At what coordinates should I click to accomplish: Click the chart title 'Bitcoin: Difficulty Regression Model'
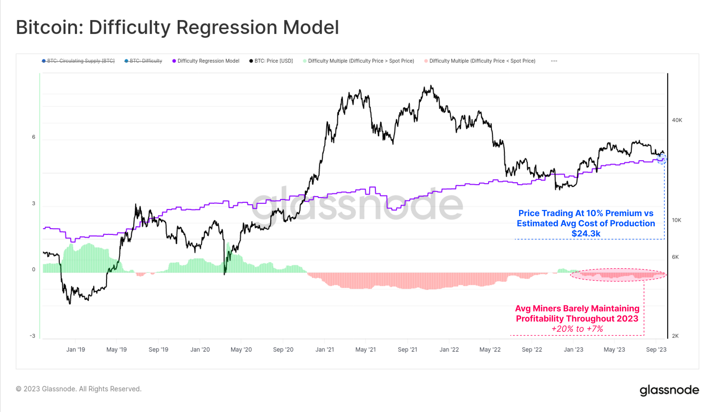coord(177,28)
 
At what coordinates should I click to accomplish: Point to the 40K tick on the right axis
coord(677,120)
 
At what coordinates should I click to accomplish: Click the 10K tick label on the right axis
coord(677,220)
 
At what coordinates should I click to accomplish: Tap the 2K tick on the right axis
coord(675,336)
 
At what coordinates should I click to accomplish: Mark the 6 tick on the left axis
coord(34,137)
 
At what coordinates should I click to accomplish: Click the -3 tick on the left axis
coord(32,336)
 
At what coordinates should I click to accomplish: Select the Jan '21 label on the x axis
coord(325,349)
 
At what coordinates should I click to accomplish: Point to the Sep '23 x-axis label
coord(656,349)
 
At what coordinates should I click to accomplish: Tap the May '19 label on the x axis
coord(116,349)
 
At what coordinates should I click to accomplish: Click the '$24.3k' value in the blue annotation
coord(586,234)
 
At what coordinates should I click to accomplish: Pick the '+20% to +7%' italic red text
coord(577,329)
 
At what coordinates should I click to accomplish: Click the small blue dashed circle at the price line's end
coord(662,159)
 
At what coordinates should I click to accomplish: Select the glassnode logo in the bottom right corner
coord(669,390)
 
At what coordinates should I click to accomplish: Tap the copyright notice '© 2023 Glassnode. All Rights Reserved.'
coord(79,389)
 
